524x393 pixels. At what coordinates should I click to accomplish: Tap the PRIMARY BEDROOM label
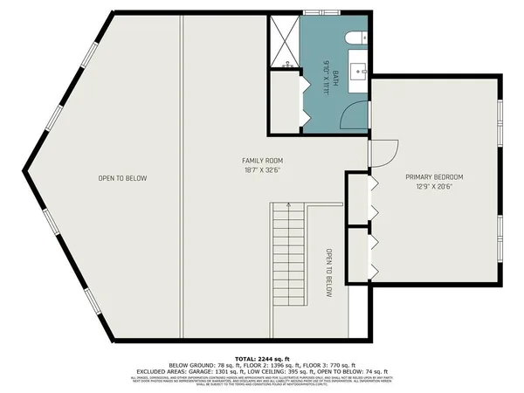[434, 177]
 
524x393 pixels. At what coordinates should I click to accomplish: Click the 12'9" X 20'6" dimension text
[434, 187]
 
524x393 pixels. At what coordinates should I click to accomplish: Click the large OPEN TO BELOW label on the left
[122, 178]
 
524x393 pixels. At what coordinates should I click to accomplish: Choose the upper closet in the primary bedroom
[359, 199]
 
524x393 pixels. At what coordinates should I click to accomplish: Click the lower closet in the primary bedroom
[359, 254]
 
